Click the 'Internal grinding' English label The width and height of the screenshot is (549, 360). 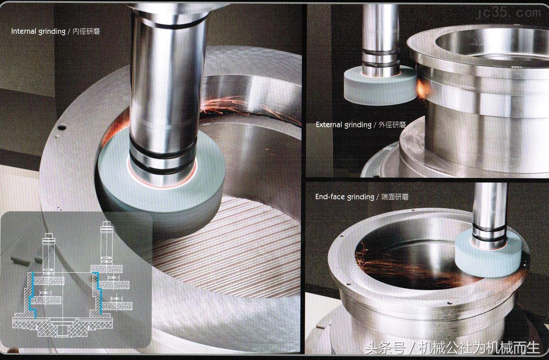(38, 31)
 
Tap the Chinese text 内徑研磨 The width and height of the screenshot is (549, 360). (86, 31)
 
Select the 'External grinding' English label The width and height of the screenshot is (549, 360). (344, 125)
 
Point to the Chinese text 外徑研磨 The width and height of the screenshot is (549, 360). (392, 125)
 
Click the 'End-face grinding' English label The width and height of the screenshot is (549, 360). (344, 197)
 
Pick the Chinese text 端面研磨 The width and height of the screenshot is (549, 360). (395, 197)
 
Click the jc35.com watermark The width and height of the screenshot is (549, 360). (508, 13)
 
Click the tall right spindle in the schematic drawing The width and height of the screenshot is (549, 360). (107, 243)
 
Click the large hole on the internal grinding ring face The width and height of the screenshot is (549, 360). (62, 127)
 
